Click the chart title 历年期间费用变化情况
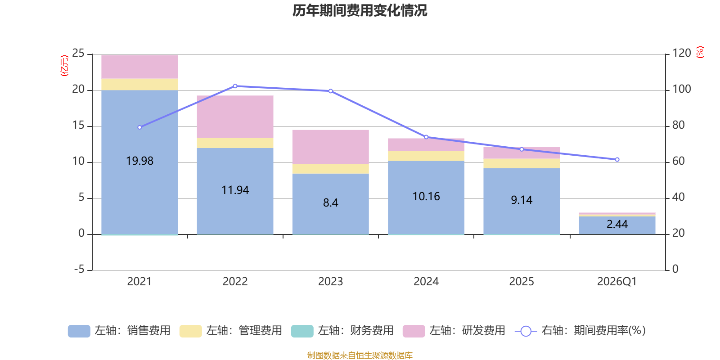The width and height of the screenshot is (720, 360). click(360, 11)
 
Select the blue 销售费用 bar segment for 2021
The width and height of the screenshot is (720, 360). click(139, 162)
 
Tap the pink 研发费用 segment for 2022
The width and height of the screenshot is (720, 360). click(235, 117)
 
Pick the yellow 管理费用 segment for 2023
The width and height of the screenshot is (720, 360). click(330, 169)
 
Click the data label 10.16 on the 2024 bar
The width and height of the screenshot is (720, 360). click(426, 196)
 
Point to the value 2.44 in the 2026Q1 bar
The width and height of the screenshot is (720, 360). click(617, 224)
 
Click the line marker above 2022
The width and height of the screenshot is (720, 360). click(235, 86)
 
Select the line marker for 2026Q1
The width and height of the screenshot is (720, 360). click(617, 159)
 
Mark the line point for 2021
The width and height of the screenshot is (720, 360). click(139, 127)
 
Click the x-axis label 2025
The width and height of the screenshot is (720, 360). click(522, 282)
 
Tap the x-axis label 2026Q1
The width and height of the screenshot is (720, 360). click(617, 282)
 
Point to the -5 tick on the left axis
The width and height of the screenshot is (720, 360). click(79, 269)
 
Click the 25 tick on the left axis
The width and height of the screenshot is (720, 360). click(78, 53)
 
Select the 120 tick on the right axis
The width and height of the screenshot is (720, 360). click(682, 53)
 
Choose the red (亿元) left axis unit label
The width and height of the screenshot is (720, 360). click(64, 66)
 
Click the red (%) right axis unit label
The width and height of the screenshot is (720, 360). click(700, 52)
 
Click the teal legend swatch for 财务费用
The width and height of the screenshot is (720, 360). click(302, 331)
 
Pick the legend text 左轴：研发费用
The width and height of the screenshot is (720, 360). click(468, 330)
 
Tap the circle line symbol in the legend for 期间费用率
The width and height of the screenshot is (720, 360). click(526, 331)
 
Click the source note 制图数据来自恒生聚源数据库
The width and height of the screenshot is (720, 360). click(360, 355)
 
